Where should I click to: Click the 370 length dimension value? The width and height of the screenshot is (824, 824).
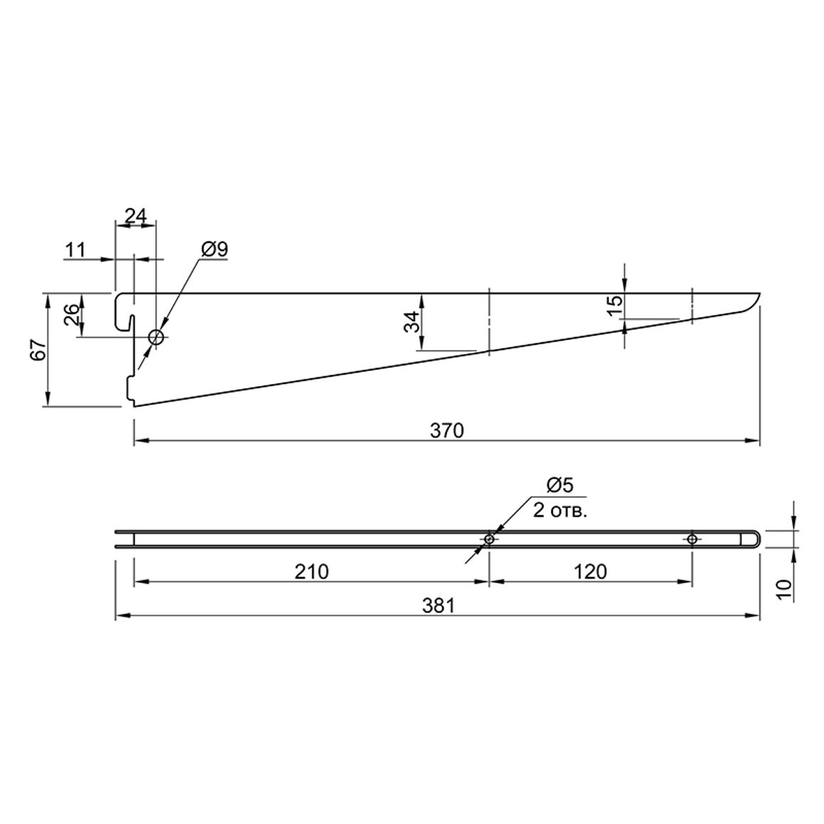point(447,431)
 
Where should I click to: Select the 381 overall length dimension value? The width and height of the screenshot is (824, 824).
point(438,606)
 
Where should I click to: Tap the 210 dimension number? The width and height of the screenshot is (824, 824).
point(311,571)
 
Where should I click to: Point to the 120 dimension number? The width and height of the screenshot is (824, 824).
point(590,571)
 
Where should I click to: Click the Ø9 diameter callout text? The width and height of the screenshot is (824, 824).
point(215,249)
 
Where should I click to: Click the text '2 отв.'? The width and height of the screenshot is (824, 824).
point(560,510)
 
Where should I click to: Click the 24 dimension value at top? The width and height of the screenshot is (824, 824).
point(135,215)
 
